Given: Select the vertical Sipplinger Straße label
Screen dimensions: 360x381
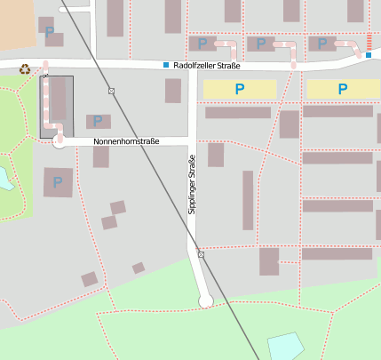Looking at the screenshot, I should coord(192,183).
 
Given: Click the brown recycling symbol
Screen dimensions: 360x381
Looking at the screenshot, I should coord(25,68).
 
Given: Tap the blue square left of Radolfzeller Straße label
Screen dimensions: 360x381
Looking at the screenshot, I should coord(165,66).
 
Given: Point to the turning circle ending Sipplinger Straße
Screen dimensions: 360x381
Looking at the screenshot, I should coord(205,301).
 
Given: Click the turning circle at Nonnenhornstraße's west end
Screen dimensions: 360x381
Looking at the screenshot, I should coord(60,141).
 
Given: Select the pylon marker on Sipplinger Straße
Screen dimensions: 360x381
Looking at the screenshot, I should coord(201,254).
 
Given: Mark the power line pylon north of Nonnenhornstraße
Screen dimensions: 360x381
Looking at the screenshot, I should coord(111,91).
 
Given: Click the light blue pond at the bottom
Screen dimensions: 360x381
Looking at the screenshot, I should coord(284,346).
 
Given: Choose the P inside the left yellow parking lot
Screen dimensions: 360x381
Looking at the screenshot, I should coord(239,89).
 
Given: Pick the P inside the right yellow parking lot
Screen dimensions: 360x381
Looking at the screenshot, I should coord(341,89).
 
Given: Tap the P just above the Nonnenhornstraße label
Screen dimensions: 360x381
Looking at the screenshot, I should coord(98,121).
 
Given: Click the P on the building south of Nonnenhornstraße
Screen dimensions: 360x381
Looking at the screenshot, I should coord(58,183).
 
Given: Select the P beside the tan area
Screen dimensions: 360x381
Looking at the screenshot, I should coord(49,32).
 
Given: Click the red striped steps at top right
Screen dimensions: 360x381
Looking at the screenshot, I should coord(369,42).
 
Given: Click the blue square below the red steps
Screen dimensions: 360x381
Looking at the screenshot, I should coord(369,56).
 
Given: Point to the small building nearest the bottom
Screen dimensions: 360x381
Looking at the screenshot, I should coord(89,279).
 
